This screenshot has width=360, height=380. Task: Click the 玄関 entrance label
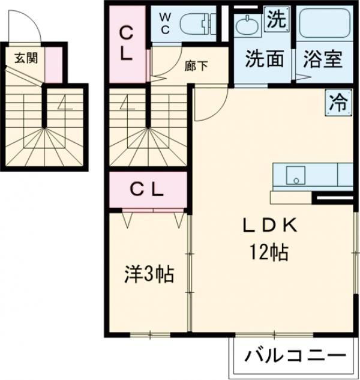pos(25,58)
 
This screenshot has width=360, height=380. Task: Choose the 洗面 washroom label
pos(263,59)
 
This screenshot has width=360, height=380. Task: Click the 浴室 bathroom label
pos(323,59)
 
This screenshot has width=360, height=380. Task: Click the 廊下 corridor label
pos(196,66)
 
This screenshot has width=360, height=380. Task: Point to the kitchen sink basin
pos(295,175)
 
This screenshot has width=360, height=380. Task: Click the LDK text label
pos(269,226)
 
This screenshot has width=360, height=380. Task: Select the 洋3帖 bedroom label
pos(149,274)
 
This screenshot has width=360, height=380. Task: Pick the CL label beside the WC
pos(126,42)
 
